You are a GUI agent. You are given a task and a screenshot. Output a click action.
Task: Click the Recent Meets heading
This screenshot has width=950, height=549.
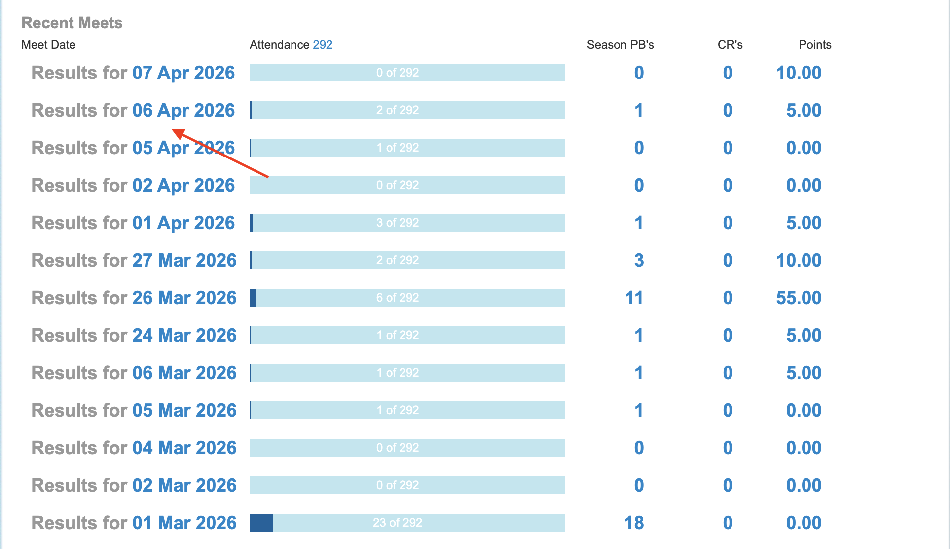point(72,23)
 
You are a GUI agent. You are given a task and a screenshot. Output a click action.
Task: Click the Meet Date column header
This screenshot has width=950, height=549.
point(48,45)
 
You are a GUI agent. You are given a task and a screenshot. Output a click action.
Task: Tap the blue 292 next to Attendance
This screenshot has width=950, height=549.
point(323,45)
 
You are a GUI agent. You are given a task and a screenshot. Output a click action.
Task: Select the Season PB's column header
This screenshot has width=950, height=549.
point(620,45)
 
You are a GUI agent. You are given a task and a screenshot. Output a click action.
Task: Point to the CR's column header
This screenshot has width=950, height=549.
point(730,45)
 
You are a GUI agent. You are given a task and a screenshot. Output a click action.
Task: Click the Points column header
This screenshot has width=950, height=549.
point(815,45)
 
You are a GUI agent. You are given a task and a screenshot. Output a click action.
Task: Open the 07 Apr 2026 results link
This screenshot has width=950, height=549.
point(183,73)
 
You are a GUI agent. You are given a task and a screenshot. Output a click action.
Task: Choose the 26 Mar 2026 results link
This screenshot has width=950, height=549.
point(184,298)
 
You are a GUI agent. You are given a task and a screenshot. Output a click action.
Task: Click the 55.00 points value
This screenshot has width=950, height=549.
point(799,298)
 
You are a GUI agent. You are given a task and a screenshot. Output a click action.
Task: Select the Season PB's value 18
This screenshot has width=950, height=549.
point(634,523)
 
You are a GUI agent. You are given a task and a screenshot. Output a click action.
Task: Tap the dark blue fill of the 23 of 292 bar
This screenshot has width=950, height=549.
point(261,523)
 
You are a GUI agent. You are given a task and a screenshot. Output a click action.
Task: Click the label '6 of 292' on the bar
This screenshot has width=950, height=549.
point(398,298)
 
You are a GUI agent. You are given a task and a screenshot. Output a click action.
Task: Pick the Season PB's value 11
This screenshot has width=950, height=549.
point(634,298)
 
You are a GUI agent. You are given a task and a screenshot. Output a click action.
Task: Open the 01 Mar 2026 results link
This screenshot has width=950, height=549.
point(184,523)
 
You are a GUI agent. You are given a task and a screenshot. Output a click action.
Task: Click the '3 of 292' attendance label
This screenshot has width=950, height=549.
point(398,223)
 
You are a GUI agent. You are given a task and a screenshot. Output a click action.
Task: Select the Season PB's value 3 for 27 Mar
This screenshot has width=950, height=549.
point(639,260)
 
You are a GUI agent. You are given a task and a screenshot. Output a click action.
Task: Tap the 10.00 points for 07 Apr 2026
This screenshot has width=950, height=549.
point(799,73)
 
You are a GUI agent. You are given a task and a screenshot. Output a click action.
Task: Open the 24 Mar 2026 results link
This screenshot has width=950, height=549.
point(184,335)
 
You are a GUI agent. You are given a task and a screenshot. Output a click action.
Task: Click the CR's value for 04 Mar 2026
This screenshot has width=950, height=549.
point(728,448)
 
